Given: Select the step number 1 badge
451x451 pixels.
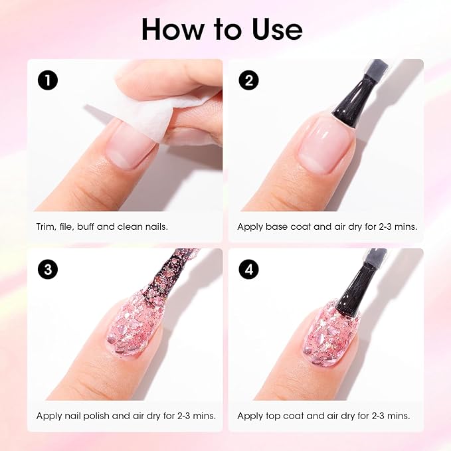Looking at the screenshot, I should click(48, 80).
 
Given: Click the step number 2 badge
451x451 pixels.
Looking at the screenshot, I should click(249, 80).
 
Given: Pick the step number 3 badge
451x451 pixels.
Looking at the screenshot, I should click(48, 269).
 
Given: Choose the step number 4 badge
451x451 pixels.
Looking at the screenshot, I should click(249, 269).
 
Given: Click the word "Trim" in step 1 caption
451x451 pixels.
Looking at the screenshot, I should click(46, 226).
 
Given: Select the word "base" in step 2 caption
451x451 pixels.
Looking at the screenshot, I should click(280, 226).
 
